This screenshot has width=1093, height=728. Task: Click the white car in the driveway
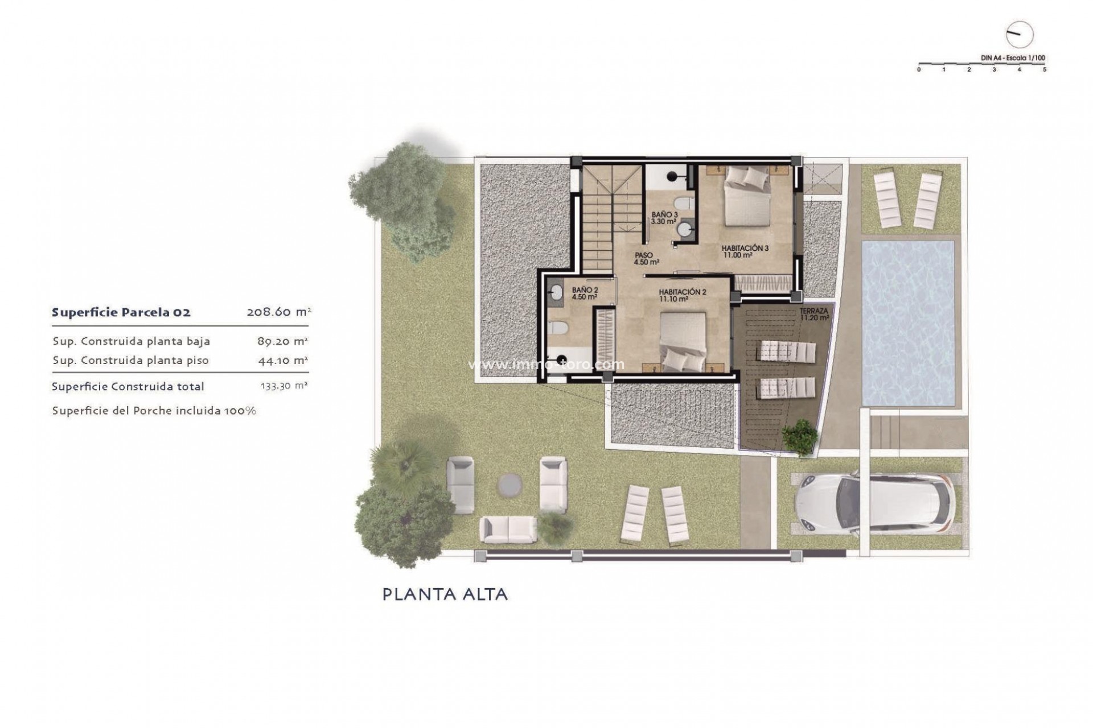pyautogui.click(x=873, y=504)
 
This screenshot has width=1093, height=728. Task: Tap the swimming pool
pyautogui.click(x=908, y=322)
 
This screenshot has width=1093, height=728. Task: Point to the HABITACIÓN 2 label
pyautogui.click(x=683, y=295)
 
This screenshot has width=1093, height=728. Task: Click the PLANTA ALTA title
pyautogui.click(x=445, y=595)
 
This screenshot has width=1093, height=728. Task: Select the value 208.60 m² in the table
pyautogui.click(x=278, y=312)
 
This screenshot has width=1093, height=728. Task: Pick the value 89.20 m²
pyautogui.click(x=282, y=341)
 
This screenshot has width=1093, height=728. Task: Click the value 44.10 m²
pyautogui.click(x=282, y=360)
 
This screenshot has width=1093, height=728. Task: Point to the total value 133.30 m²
pyautogui.click(x=283, y=386)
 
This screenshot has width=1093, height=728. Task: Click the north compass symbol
pyautogui.click(x=1019, y=35)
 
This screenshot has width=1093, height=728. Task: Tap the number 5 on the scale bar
pyautogui.click(x=1044, y=69)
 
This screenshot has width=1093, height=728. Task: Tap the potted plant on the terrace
pyautogui.click(x=800, y=437)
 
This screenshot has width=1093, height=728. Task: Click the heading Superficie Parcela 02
pyautogui.click(x=121, y=312)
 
